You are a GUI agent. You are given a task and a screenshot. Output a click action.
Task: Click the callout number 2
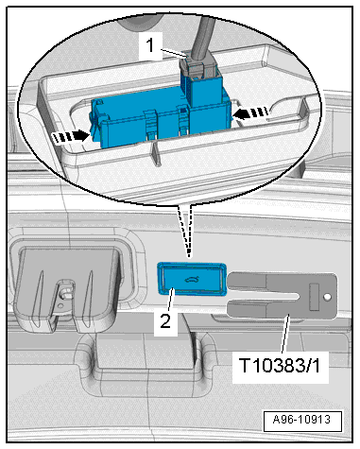tap(164, 321)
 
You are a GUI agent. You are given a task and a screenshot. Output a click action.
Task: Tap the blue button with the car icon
tap(189, 280)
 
